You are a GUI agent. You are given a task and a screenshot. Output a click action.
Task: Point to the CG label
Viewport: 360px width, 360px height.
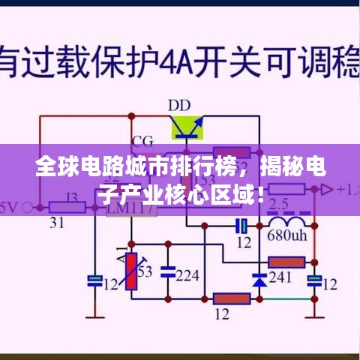(x=142, y=140)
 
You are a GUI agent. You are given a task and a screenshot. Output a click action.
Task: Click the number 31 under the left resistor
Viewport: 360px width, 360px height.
(x=55, y=223)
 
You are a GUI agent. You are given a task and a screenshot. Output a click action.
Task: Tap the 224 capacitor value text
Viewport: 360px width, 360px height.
(x=187, y=275)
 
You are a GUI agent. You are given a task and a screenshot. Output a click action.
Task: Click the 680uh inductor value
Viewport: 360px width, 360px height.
(x=287, y=235)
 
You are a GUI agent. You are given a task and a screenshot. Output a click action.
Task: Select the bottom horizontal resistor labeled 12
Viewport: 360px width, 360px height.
(x=231, y=298)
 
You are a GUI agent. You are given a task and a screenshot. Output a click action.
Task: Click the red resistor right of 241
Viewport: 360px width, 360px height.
(x=286, y=262)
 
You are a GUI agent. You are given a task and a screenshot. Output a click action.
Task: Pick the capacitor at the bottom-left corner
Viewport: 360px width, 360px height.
(x=95, y=281)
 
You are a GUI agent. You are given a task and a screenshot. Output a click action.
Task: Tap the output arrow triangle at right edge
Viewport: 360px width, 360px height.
(x=325, y=190)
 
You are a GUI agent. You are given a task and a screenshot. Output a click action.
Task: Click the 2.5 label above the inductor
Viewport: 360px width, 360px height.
(x=278, y=203)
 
